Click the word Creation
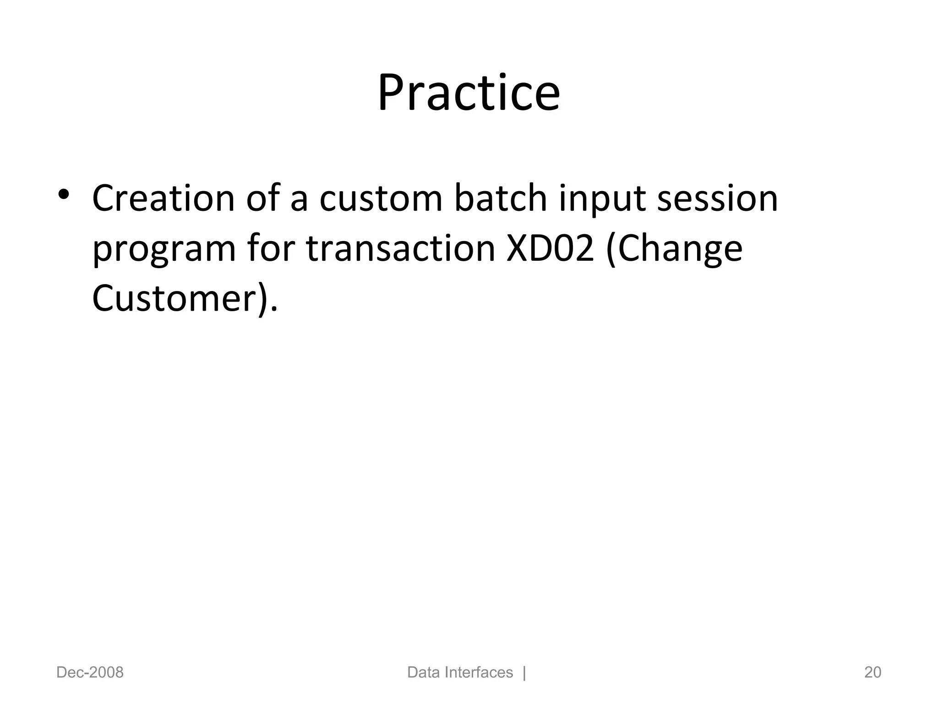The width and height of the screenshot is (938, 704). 164,198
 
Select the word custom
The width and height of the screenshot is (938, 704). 381,198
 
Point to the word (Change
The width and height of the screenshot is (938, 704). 674,249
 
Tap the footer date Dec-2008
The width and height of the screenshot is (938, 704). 90,672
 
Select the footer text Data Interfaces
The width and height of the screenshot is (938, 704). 459,672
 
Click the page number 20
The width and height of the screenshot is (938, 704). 873,672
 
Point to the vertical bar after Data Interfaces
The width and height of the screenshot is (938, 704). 524,672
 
